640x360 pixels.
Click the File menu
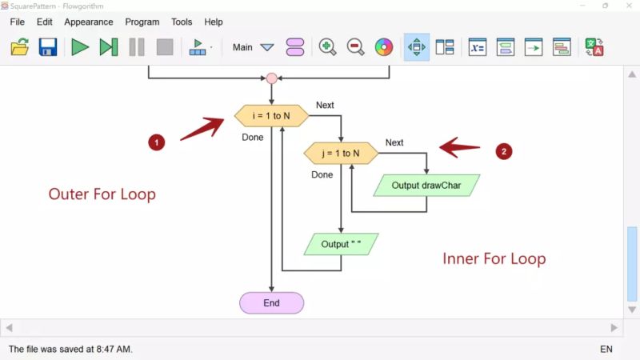click(x=17, y=22)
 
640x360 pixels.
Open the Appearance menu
click(x=88, y=22)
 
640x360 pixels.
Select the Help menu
click(x=214, y=22)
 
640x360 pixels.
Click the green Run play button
click(x=80, y=47)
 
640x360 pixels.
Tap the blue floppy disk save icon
click(x=48, y=47)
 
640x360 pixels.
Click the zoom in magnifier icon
click(x=327, y=47)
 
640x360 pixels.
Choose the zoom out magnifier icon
click(x=355, y=47)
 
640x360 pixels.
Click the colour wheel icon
click(x=384, y=47)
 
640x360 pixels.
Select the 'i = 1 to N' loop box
click(x=271, y=116)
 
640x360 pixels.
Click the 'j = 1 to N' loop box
click(x=342, y=153)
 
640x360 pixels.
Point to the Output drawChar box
click(x=426, y=186)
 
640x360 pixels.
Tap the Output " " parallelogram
click(x=342, y=244)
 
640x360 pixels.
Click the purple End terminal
click(x=271, y=303)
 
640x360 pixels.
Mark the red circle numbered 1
click(x=157, y=143)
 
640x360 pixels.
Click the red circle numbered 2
click(x=503, y=150)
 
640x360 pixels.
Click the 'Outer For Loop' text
click(x=102, y=194)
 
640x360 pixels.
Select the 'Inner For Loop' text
click(x=494, y=258)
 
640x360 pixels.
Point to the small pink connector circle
click(x=271, y=78)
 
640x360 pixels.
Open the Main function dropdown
click(x=267, y=47)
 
